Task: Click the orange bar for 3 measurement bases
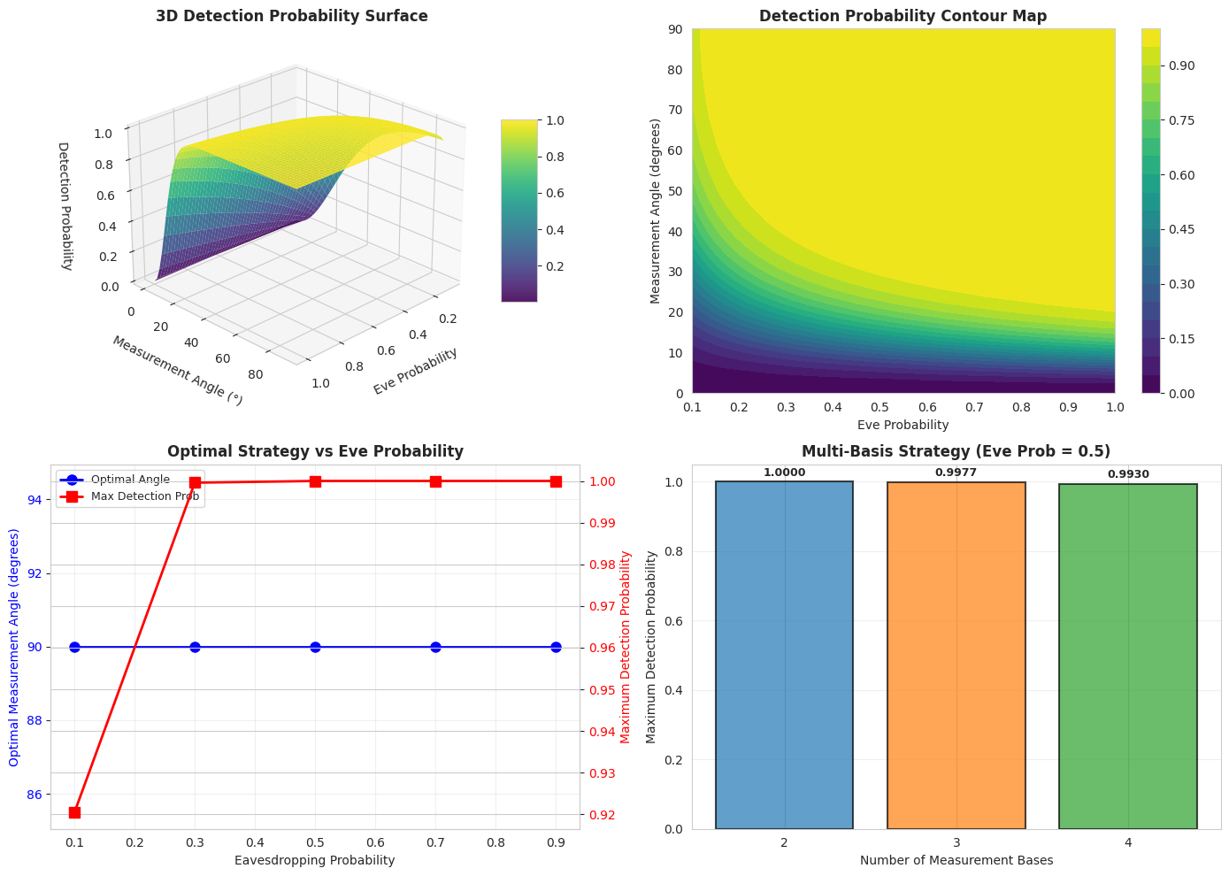point(956,655)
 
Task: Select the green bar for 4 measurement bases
point(1127,656)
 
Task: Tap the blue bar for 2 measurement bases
point(784,655)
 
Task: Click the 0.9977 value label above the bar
point(956,473)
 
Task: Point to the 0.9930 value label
point(1127,474)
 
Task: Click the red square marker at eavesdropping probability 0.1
point(74,812)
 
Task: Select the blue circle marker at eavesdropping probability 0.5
point(315,647)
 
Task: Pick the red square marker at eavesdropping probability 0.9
point(556,481)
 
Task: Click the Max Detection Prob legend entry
point(145,496)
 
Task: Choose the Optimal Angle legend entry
point(130,479)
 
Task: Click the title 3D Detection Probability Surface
point(291,16)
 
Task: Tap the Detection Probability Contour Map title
point(903,16)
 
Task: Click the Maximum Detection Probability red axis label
point(626,647)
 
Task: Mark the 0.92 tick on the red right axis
point(601,815)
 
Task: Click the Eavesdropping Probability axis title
point(314,859)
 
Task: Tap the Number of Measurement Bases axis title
point(956,859)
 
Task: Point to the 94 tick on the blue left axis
point(35,501)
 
